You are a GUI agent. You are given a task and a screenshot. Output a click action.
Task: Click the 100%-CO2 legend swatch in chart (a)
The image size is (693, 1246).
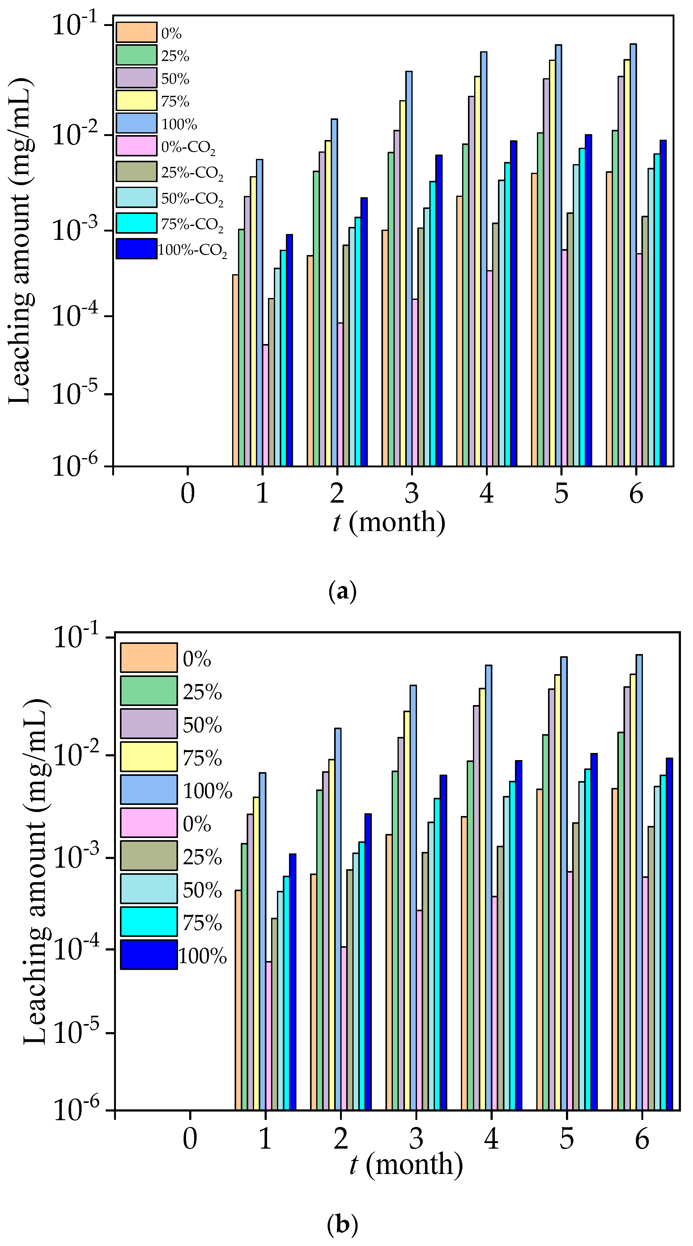(136, 249)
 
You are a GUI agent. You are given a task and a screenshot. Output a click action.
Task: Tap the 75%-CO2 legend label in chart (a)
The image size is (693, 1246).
(192, 224)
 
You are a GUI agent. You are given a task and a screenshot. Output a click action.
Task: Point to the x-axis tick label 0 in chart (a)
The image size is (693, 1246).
(188, 493)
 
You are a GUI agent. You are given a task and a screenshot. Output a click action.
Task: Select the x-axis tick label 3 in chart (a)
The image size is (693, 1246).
(411, 493)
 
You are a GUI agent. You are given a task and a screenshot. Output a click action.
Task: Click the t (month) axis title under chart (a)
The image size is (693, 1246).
(389, 522)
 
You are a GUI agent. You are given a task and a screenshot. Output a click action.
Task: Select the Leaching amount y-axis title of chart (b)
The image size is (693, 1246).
(36, 871)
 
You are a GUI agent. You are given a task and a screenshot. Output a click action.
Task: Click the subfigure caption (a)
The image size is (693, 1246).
(342, 592)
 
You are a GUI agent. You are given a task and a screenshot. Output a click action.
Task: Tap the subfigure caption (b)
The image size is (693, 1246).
(342, 1225)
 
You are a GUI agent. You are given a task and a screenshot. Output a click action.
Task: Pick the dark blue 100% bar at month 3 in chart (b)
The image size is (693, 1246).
(443, 943)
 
